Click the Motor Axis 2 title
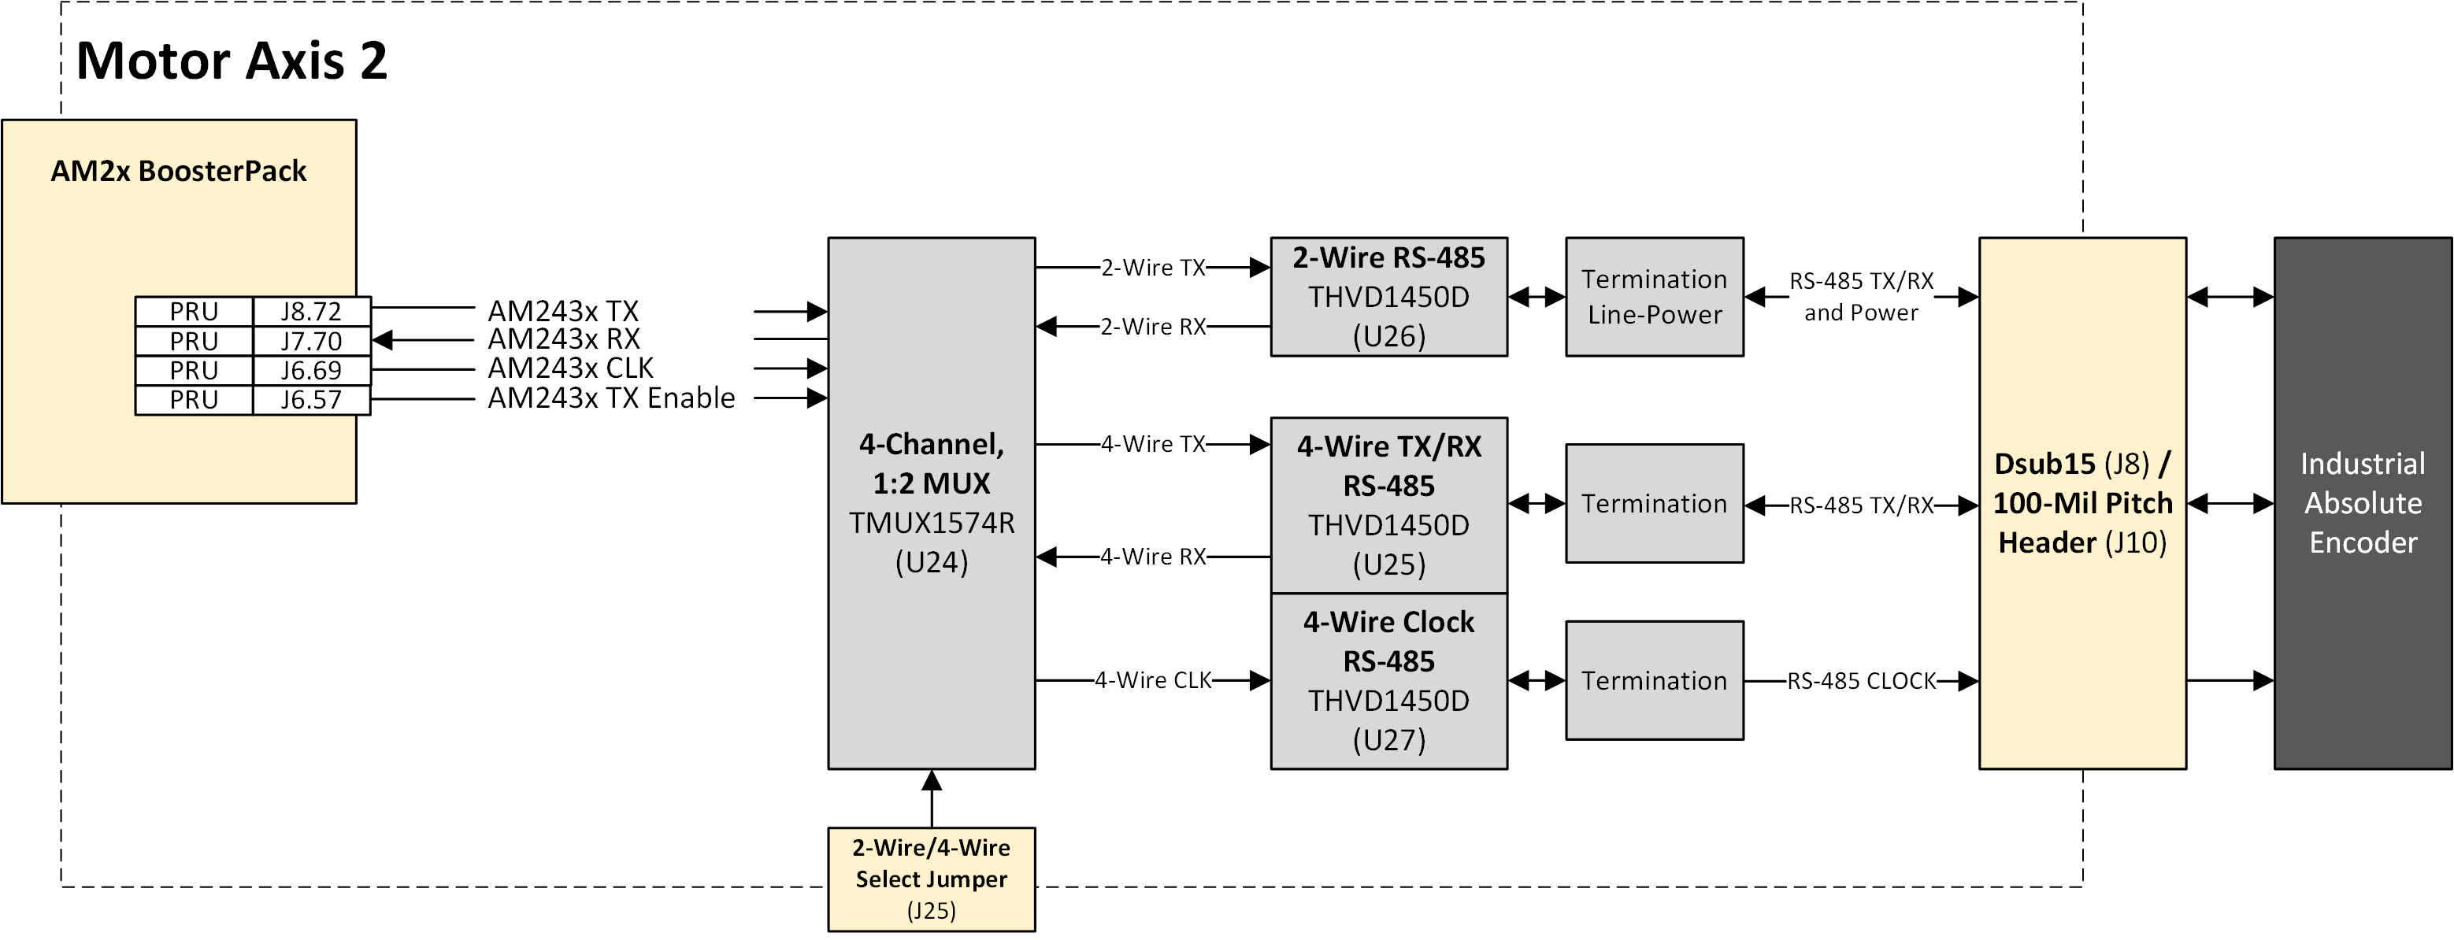point(232,61)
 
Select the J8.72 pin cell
point(310,312)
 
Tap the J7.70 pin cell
point(310,341)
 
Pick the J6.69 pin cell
point(310,371)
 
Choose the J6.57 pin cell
point(310,400)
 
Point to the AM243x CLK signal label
point(571,368)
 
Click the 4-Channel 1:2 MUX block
point(931,503)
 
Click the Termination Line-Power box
point(1654,296)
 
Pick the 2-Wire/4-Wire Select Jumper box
point(931,878)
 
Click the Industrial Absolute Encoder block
point(2363,503)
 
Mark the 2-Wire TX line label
point(1153,268)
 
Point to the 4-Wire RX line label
point(1153,556)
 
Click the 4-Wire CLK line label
point(1153,680)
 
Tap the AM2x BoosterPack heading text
point(178,172)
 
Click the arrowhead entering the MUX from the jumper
point(932,780)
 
